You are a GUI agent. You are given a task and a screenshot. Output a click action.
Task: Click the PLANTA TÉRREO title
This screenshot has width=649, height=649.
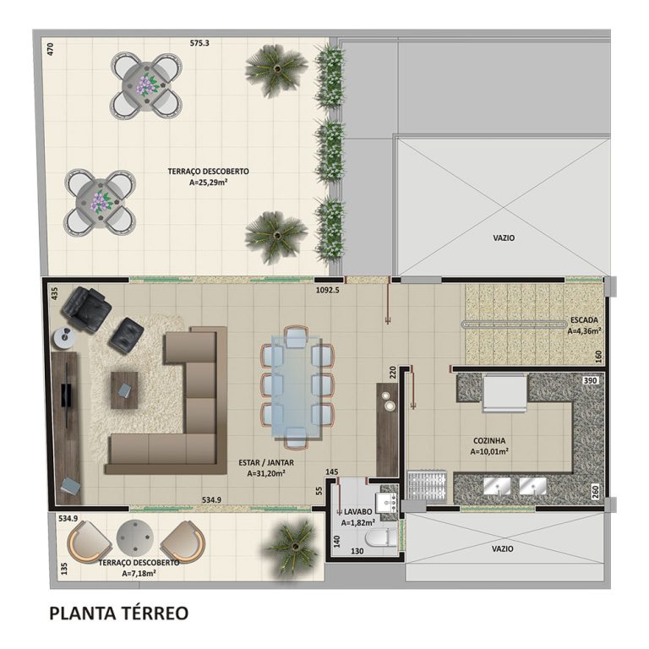[x=118, y=612]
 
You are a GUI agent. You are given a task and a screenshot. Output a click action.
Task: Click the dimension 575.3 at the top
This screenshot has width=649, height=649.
[x=199, y=42]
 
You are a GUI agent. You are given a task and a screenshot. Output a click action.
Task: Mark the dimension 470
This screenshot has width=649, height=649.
[x=51, y=49]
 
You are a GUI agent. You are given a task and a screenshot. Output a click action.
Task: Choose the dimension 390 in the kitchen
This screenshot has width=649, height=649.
[x=591, y=381]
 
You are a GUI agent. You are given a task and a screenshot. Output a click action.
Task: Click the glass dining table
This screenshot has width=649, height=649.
[x=295, y=386]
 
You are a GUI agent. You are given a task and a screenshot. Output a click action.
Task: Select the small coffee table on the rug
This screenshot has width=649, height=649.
[x=123, y=390]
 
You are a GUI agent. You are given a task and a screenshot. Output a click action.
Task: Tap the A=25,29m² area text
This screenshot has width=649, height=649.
[x=208, y=180]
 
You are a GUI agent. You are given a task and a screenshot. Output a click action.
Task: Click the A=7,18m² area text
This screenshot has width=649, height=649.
[x=139, y=573]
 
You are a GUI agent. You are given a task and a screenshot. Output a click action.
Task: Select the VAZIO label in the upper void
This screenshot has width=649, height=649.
[x=504, y=237]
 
